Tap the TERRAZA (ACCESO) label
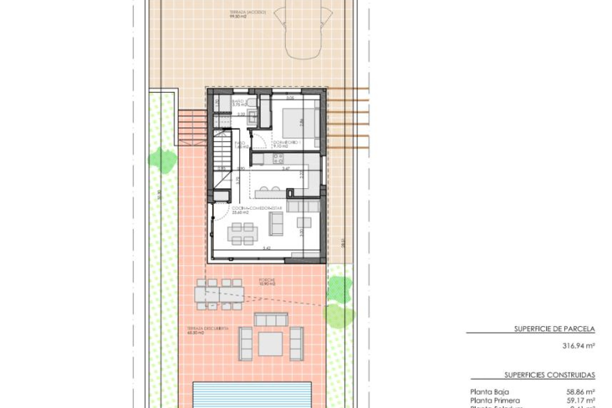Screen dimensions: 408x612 coord(247,13)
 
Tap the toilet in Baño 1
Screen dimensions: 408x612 coord(251,102)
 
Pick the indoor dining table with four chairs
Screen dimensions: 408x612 coord(242,234)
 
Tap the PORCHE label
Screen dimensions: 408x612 coord(267,281)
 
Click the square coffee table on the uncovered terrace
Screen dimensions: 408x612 coord(270,344)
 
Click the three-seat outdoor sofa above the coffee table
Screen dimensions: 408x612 coord(271,319)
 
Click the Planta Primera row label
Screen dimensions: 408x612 coord(495,400)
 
